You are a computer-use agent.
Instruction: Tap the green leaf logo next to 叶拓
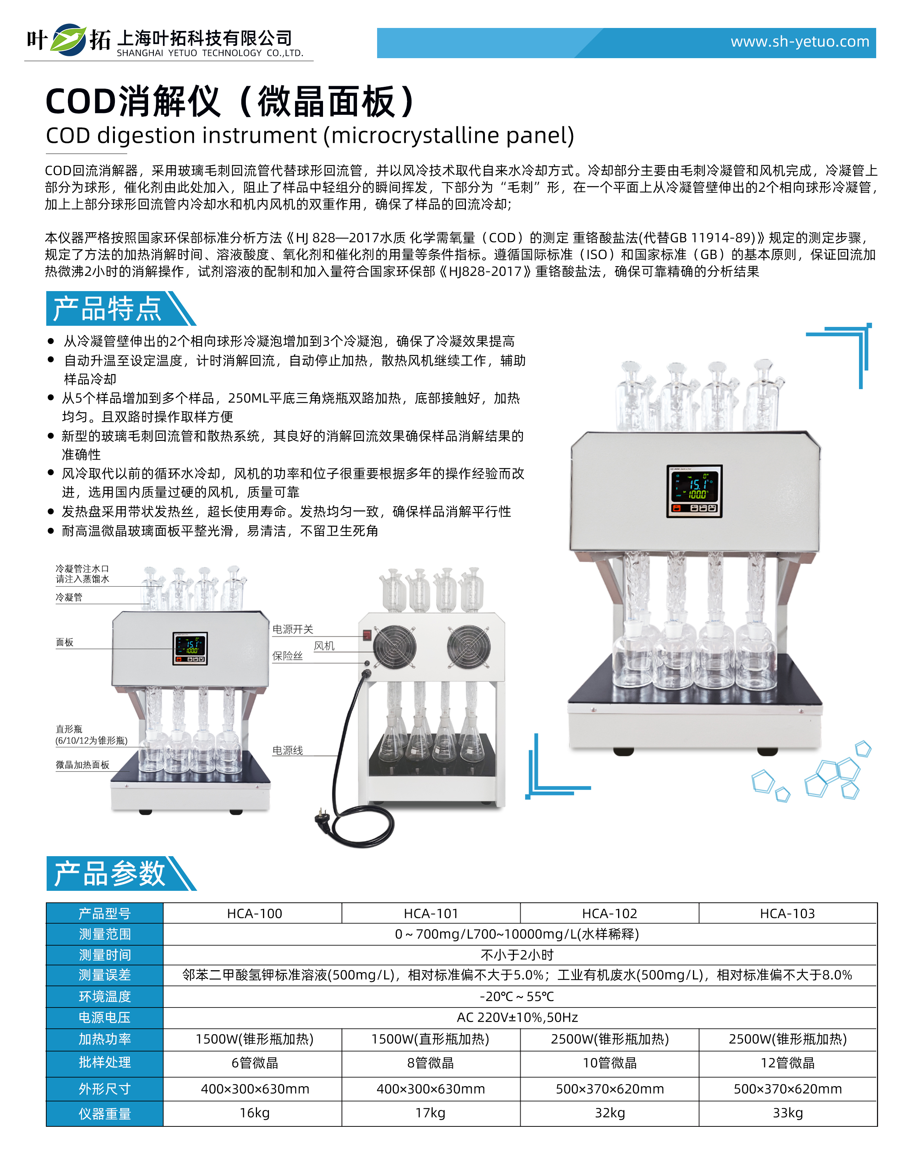68,40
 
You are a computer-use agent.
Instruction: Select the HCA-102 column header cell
609,913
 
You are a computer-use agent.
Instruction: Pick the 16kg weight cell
254,1113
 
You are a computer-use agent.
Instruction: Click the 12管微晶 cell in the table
787,1063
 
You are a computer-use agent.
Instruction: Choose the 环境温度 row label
104,996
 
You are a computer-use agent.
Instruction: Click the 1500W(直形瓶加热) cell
430,1039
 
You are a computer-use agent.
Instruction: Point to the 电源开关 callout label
293,629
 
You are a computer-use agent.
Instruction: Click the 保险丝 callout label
287,656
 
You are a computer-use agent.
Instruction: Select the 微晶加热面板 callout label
82,765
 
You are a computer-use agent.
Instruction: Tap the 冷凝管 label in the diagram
69,597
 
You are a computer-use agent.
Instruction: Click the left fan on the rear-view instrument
394,646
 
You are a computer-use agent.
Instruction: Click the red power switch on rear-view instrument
367,634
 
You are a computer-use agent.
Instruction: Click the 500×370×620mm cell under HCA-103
787,1089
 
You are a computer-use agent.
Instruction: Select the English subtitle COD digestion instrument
310,136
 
